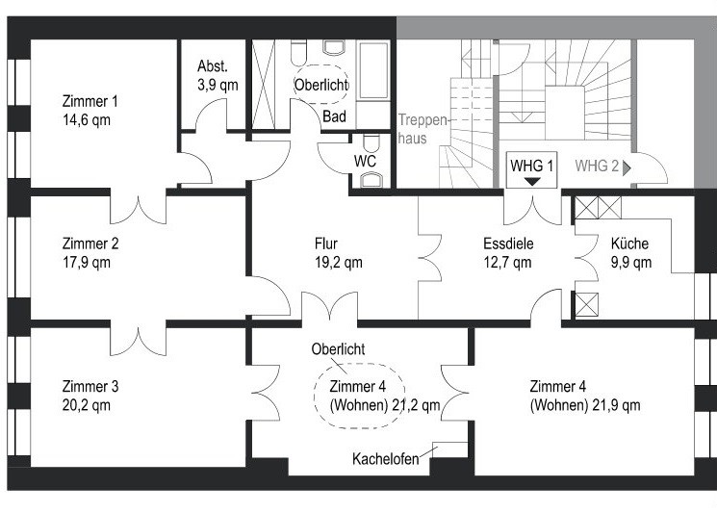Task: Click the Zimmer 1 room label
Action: tap(90, 102)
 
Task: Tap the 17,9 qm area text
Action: tap(86, 262)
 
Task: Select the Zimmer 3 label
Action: tap(90, 387)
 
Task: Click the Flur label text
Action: tap(325, 244)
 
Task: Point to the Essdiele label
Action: tap(508, 244)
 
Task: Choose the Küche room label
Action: tap(629, 244)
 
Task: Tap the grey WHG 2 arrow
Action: tap(627, 167)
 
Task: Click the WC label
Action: tap(365, 160)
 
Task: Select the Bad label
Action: tap(335, 116)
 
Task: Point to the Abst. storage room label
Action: tap(212, 66)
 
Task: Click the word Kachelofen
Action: tap(385, 460)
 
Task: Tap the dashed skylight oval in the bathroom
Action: tap(321, 84)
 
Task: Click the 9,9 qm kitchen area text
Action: tap(630, 262)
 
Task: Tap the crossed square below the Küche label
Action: tap(584, 305)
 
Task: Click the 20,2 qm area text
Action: tap(86, 405)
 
